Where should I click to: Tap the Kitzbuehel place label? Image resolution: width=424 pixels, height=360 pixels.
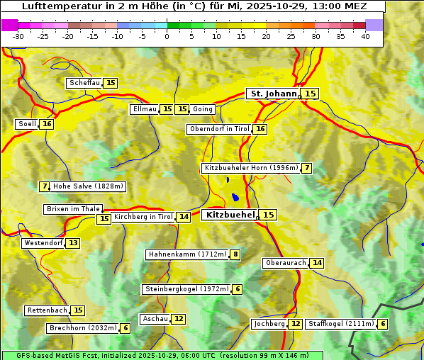click(229, 215)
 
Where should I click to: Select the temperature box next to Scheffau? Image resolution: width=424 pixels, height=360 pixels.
click(111, 83)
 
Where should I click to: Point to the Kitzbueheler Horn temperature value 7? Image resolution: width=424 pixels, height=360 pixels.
click(306, 168)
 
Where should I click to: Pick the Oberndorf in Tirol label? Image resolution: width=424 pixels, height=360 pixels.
click(219, 129)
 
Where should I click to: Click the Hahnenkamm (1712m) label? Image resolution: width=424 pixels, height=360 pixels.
click(187, 254)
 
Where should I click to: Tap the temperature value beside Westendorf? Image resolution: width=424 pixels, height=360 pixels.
click(73, 243)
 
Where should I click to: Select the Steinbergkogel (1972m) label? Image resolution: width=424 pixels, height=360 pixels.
click(186, 289)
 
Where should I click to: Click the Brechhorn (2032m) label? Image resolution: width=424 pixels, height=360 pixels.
click(82, 328)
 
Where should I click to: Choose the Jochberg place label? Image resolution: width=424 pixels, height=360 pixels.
click(269, 324)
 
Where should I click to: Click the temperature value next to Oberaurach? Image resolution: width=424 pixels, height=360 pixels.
click(317, 263)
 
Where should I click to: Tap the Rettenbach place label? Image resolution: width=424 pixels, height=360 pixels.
click(48, 310)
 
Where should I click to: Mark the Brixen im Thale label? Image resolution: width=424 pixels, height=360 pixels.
click(73, 209)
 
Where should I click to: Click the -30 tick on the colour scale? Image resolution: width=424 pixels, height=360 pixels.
click(18, 35)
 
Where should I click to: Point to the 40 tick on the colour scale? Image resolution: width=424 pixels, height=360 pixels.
click(365, 35)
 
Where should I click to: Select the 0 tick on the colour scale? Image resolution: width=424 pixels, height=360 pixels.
click(167, 35)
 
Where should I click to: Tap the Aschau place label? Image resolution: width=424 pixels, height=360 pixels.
click(155, 319)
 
